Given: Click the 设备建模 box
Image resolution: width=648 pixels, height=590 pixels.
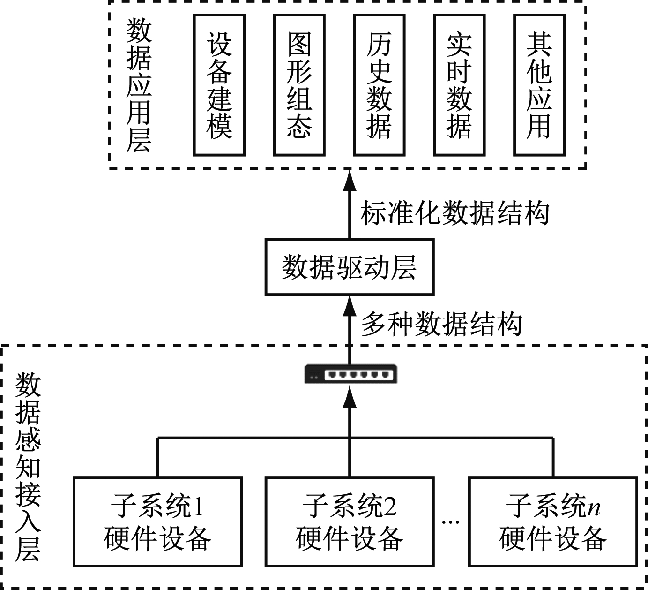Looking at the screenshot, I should (x=219, y=85).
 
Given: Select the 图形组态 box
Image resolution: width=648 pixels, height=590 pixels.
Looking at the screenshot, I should (x=299, y=85).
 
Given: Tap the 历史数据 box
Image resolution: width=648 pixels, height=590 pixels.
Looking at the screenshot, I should (x=379, y=85).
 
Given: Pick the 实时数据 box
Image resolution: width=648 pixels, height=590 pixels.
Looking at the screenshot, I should (x=459, y=85).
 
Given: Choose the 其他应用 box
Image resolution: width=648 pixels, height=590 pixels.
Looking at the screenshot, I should (x=539, y=85).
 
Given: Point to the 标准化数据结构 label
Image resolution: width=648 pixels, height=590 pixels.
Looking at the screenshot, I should (x=454, y=213).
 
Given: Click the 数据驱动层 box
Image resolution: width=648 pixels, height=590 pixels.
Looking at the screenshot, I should (x=349, y=267).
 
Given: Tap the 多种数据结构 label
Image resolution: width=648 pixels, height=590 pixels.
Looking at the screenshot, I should (x=441, y=324).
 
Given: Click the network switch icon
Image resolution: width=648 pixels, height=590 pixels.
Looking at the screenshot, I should (x=350, y=374).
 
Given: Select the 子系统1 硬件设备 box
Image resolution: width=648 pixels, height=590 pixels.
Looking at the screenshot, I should (x=157, y=522).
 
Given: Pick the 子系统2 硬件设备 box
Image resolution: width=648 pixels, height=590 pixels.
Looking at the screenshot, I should (x=349, y=522).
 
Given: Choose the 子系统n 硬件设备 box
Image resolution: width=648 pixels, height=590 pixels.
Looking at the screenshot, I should (x=553, y=522).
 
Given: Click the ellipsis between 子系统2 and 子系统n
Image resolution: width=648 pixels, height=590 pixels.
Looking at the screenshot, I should (x=451, y=522).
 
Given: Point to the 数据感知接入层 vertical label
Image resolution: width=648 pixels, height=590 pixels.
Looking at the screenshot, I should (x=28, y=467).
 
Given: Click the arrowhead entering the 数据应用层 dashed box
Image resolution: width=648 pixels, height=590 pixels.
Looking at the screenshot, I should (x=349, y=181).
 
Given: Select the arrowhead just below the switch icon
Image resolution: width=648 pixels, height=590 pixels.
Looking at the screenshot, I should (x=349, y=399).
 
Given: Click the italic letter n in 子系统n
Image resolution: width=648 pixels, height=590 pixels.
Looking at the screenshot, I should (x=594, y=507).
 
